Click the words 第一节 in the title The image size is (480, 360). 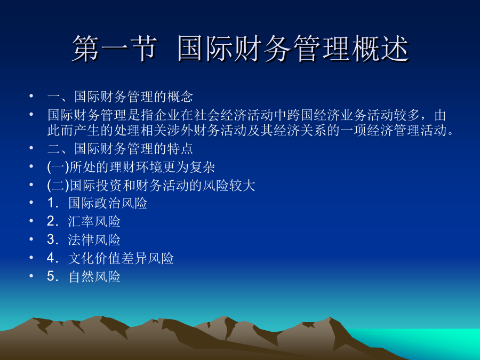click(x=115, y=48)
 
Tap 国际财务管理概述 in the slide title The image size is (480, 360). click(x=293, y=48)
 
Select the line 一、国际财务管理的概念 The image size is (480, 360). click(x=120, y=97)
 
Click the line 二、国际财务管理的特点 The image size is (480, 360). click(x=120, y=148)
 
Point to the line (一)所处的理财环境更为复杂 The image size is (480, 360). click(x=131, y=167)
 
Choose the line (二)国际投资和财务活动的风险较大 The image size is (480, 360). click(x=151, y=185)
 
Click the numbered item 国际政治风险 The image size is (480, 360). click(x=108, y=203)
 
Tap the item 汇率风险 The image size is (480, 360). click(x=94, y=222)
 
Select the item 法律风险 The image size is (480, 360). click(x=94, y=240)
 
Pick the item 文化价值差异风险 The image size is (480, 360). click(x=121, y=258)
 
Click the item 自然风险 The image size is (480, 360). click(x=94, y=277)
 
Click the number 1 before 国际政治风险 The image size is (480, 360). click(x=51, y=203)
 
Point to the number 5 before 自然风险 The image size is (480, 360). click(x=51, y=276)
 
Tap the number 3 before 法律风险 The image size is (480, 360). click(x=51, y=239)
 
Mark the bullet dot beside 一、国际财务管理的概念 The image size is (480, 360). click(x=31, y=96)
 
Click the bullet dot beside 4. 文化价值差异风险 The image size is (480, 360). click(x=31, y=258)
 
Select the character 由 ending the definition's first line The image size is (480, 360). click(x=440, y=115)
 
